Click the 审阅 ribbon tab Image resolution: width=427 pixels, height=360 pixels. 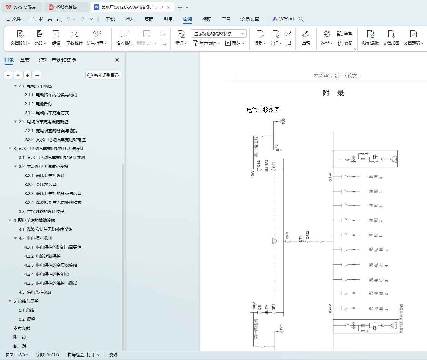188,19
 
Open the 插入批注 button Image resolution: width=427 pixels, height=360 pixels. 125,38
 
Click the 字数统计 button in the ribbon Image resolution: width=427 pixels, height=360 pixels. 74,38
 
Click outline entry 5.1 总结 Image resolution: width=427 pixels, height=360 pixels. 27,310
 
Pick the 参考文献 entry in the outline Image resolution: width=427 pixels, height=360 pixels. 22,328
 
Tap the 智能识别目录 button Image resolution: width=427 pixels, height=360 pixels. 103,75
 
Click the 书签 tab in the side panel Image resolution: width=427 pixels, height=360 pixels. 41,60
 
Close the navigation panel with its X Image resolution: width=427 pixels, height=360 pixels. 117,60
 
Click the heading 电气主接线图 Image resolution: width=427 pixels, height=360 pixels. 263,110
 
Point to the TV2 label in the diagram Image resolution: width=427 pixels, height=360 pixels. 284,121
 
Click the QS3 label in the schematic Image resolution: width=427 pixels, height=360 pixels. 287,235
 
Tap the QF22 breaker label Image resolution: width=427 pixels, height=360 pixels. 307,235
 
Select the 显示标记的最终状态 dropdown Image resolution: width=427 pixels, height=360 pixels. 218,33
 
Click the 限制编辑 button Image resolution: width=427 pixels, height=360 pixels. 370,38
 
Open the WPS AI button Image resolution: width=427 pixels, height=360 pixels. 283,19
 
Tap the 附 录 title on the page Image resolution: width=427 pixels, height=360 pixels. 333,93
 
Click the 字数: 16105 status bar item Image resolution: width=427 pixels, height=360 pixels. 48,355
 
